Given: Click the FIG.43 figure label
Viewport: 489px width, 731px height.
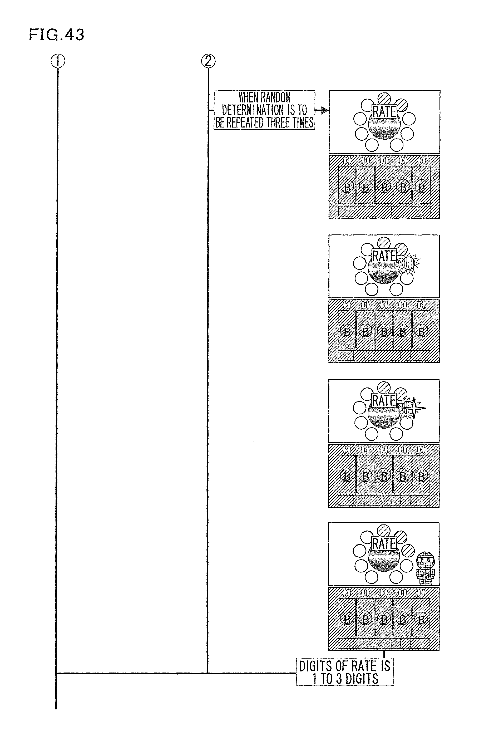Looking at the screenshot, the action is [56, 35].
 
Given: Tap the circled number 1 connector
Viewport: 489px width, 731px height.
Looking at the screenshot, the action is [58, 61].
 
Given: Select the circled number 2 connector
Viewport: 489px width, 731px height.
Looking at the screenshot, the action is [208, 61].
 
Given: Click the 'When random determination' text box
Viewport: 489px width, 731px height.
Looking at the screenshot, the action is [264, 110].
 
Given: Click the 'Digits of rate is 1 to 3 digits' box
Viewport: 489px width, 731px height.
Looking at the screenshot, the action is [345, 672].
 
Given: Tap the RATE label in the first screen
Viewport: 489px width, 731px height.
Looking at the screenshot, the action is [384, 111].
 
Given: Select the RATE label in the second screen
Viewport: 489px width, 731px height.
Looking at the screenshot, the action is [384, 256].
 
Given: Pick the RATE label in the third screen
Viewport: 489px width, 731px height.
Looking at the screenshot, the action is [384, 401].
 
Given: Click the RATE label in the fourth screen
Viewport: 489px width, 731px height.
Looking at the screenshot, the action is [384, 544].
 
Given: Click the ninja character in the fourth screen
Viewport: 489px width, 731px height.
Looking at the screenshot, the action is [425, 568].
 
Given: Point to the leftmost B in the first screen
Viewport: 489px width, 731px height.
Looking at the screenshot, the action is [347, 187].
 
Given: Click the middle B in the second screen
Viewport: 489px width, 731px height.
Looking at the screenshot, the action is [384, 332].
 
